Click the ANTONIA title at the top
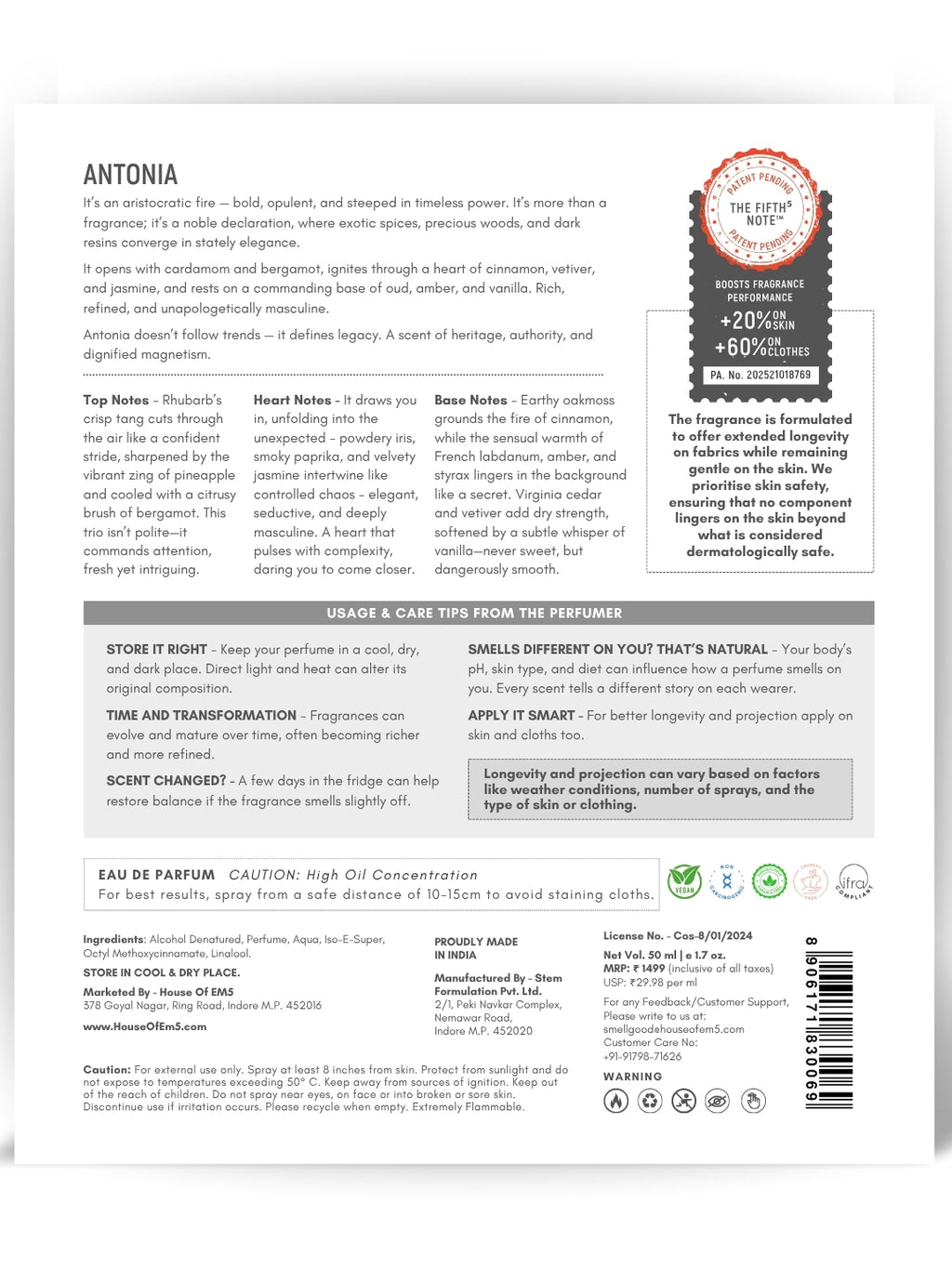point(130,175)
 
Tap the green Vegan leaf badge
point(684,879)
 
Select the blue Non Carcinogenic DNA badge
point(727,879)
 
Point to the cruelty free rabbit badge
point(810,879)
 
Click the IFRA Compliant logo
point(853,880)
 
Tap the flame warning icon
point(615,1101)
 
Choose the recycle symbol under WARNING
point(650,1101)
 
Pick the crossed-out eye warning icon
point(717,1101)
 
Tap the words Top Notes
point(115,400)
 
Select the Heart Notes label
point(292,400)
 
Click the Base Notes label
point(470,400)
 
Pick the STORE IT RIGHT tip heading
point(156,649)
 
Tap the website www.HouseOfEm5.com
point(145,1026)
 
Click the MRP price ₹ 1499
point(648,968)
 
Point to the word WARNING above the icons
point(633,1077)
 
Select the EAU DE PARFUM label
point(156,875)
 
